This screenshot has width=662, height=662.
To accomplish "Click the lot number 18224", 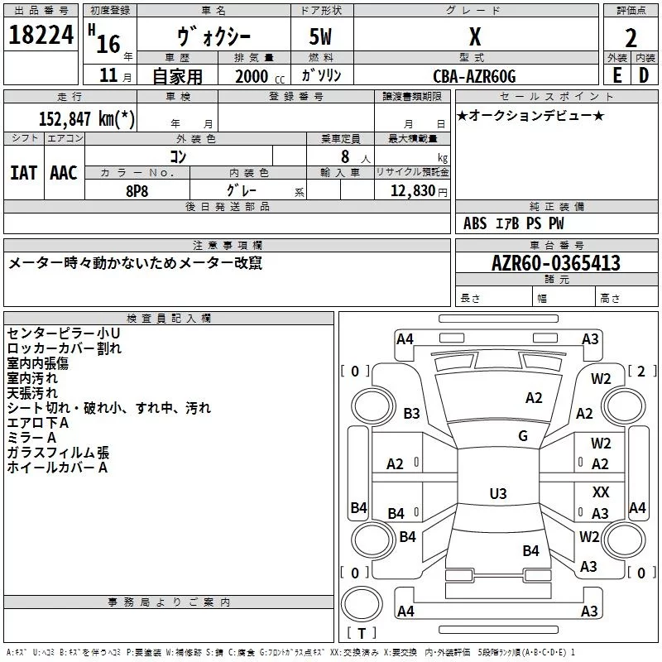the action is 41,36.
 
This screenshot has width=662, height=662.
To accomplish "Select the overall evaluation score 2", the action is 631,37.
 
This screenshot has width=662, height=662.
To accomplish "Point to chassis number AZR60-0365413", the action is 555,263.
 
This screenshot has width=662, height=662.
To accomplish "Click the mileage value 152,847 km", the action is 87,118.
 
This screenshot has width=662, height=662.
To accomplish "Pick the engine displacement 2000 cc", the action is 257,76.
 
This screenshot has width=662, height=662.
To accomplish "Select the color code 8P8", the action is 137,189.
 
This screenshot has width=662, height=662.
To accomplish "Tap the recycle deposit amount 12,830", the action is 412,190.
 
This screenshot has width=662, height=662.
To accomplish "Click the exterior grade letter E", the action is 616,75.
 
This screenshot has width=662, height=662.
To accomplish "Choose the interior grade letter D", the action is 644,75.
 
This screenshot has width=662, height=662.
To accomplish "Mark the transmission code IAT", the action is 23,173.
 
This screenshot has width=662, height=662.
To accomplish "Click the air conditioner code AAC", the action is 63,173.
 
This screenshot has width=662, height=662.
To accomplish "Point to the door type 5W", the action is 322,37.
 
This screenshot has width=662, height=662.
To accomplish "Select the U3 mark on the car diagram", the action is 497,494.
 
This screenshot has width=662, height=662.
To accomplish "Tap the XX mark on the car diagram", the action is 601,492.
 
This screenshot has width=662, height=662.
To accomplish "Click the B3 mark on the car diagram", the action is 411,414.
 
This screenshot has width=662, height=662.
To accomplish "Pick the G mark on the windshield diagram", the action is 523,436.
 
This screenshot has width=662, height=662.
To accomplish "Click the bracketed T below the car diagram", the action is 362,634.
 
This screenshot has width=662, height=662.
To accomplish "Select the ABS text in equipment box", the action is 475,223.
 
